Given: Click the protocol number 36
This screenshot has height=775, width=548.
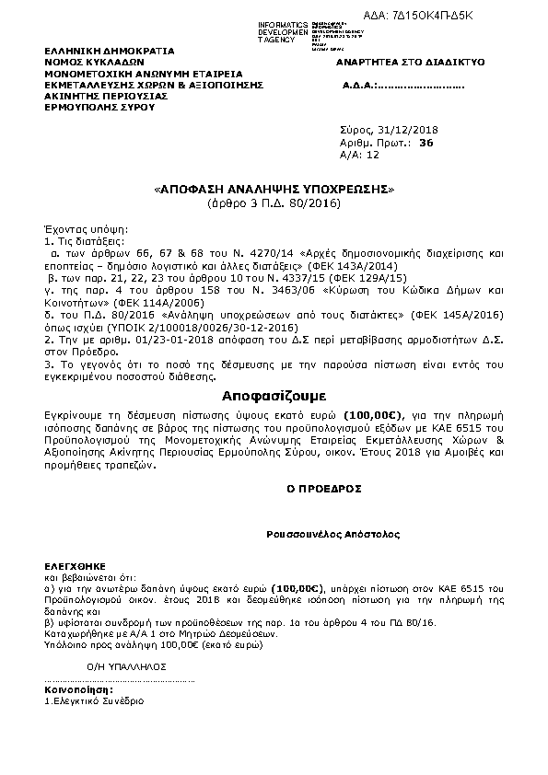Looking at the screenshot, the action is pos(426,144).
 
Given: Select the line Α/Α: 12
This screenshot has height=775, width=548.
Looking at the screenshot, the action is pos(360,156).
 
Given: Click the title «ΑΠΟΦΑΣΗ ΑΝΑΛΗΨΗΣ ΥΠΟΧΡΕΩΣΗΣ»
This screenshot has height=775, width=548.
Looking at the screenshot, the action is pos(274,190).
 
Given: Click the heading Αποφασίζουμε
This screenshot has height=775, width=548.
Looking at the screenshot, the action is pos(274,394).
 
